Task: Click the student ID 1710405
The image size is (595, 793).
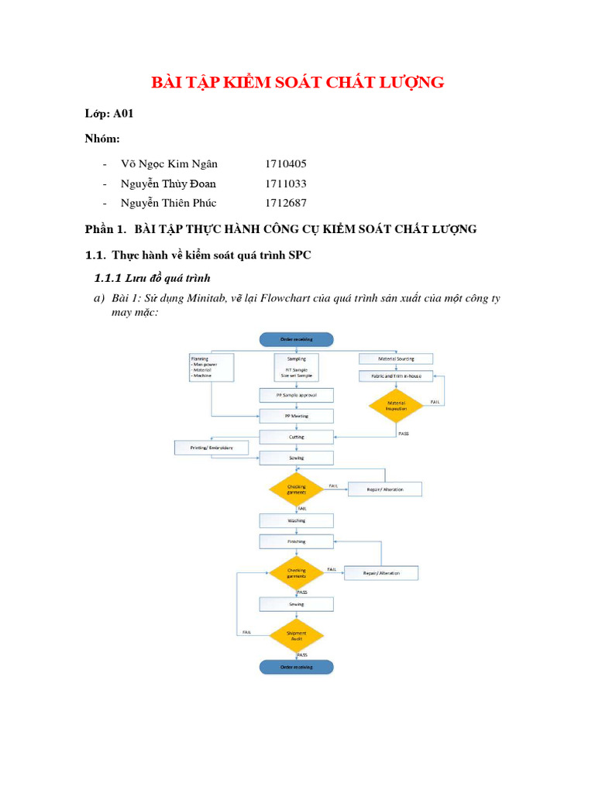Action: pos(286,164)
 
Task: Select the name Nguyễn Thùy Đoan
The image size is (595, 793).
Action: pos(168,184)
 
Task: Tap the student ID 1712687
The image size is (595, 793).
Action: pos(286,203)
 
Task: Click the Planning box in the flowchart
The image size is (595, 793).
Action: pos(212,367)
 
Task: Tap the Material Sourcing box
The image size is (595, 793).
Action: pos(396,359)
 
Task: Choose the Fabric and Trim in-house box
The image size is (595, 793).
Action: pos(396,376)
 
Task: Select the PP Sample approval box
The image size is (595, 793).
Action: pos(297,395)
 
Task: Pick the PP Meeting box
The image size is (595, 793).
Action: pos(297,416)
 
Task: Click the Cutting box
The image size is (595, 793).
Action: pos(297,437)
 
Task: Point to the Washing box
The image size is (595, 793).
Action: pos(297,520)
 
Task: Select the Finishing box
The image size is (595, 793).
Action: pos(297,541)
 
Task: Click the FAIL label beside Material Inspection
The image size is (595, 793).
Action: pos(435,402)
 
